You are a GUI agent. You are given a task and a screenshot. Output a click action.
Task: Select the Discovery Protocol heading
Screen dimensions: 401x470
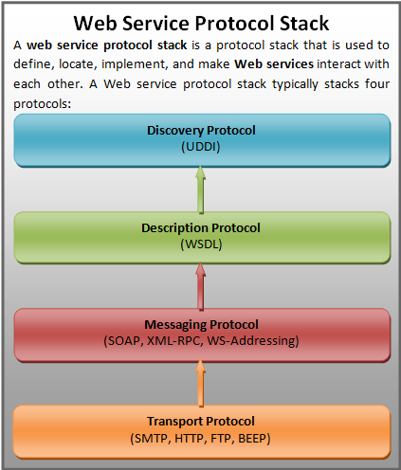tap(201, 131)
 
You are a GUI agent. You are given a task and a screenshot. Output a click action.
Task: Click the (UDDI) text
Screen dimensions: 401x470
tap(201, 147)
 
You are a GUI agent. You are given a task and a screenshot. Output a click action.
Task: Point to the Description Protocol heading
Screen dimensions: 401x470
tap(201, 228)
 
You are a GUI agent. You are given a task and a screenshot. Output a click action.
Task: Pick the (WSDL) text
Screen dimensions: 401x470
tap(201, 244)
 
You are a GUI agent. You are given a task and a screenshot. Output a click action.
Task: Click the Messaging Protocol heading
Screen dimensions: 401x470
tap(201, 325)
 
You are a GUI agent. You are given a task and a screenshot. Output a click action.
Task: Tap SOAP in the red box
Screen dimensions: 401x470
tap(124, 341)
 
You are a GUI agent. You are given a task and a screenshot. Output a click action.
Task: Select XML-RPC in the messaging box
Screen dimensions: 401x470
tap(174, 341)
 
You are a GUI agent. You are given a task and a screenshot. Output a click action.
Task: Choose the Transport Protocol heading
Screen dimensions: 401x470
tap(201, 422)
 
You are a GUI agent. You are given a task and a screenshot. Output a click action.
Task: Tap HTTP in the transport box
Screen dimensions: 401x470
tap(190, 439)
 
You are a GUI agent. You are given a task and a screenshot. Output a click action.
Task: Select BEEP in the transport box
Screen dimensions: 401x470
tap(252, 439)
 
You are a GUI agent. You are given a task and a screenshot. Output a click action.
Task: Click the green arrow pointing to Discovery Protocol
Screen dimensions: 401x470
tap(200, 190)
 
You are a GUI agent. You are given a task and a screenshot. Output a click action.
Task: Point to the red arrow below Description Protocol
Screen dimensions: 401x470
tap(200, 286)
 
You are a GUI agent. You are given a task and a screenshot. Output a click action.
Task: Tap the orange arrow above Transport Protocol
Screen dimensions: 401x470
tap(200, 383)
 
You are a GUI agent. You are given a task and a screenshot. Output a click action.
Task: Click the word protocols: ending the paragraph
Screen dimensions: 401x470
tap(43, 104)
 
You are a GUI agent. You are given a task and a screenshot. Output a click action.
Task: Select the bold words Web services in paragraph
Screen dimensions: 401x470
tap(274, 64)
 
